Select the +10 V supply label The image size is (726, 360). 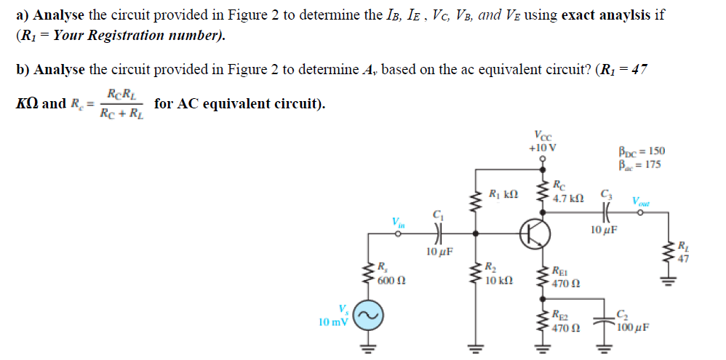tap(543, 148)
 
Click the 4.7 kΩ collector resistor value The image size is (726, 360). tap(567, 198)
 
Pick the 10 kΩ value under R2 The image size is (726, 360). tap(500, 280)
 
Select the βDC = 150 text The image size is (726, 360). tap(640, 152)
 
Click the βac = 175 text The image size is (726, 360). tap(639, 164)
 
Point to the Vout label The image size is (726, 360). tap(642, 201)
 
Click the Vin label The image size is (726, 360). tap(398, 221)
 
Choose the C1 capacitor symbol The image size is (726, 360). tap(437, 234)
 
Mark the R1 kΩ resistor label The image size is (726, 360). tap(504, 194)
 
